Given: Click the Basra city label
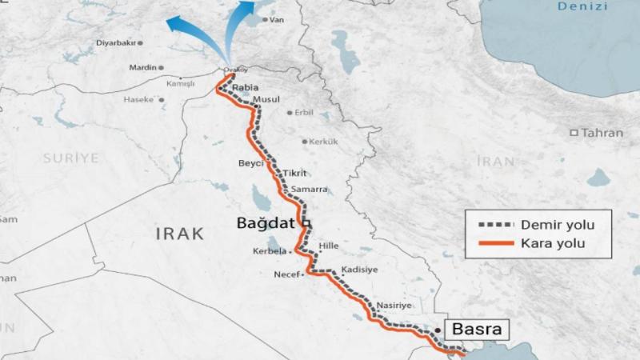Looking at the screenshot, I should point(477,329).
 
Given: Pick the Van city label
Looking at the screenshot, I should point(278,19).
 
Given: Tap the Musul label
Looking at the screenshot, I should point(266,99).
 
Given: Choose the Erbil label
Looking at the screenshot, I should point(304,112).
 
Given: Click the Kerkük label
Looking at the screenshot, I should point(323,142).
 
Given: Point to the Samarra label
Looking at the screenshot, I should point(310,190).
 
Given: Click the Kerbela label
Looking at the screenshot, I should point(269,251).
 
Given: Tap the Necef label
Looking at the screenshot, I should point(286,274).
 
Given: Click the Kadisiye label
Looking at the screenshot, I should point(359,270).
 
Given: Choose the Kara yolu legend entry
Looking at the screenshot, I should point(554,242).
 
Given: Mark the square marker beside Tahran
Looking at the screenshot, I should point(574,132).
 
